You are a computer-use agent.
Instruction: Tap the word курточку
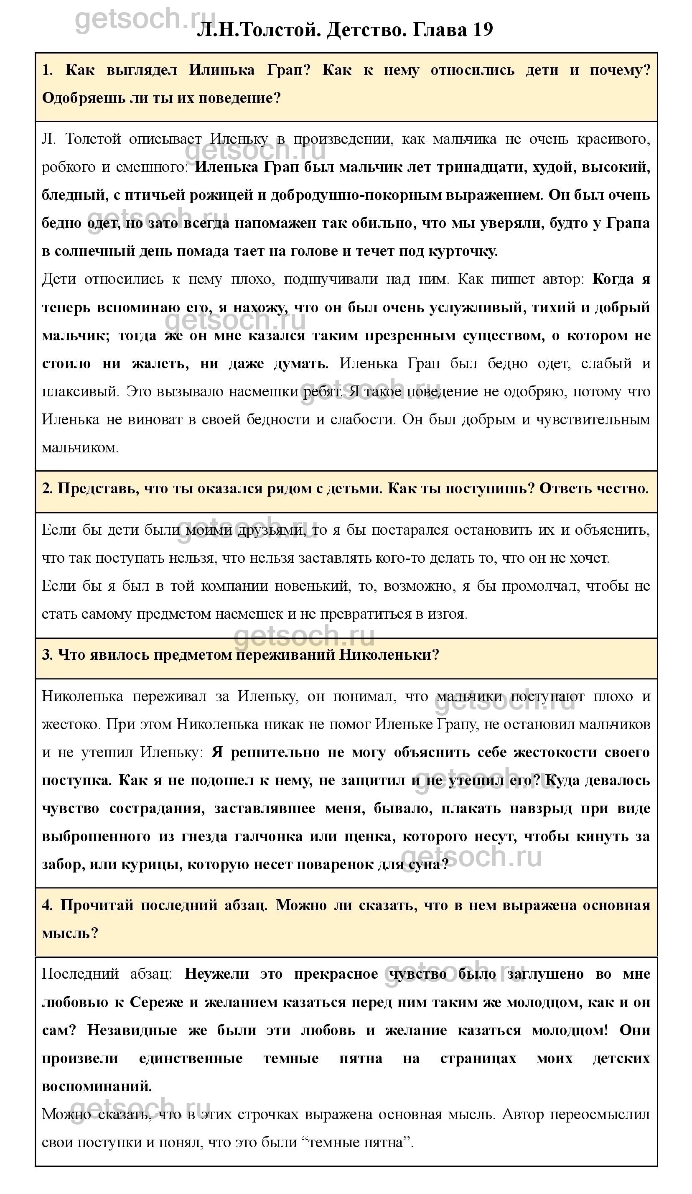(x=462, y=251)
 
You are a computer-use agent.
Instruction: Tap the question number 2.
(x=46, y=488)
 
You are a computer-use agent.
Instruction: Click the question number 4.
(x=47, y=905)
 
